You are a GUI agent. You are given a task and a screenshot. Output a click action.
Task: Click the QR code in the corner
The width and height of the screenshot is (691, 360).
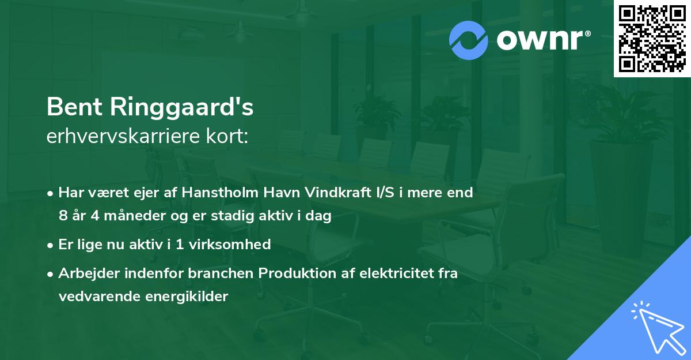click(x=652, y=38)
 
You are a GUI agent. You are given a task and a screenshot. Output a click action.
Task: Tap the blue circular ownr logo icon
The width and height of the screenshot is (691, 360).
click(x=469, y=40)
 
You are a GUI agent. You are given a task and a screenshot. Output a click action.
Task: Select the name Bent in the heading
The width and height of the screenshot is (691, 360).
click(x=71, y=107)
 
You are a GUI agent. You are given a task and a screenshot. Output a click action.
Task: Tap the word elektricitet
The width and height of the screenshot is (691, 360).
click(x=393, y=273)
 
